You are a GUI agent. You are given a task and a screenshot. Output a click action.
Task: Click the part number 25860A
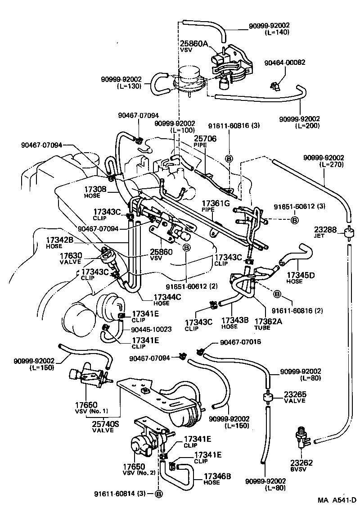tap(194, 44)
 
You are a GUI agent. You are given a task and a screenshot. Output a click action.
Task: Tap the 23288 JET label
tap(325, 232)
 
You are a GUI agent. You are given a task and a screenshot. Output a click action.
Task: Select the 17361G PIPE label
tap(216, 206)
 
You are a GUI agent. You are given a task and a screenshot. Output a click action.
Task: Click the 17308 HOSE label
tap(95, 193)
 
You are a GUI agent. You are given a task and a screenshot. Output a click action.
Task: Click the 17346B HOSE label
tap(218, 479)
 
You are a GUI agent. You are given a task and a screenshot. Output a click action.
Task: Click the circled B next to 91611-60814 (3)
tap(158, 494)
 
